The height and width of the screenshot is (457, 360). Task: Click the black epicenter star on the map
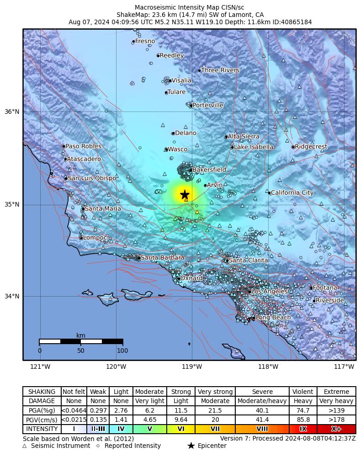(185, 194)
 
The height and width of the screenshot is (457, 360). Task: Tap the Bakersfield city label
(209, 170)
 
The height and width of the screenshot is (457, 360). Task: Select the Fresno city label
(145, 41)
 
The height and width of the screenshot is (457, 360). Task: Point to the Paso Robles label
(83, 146)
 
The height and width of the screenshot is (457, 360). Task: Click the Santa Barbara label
(162, 258)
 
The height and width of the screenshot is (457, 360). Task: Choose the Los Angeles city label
(270, 291)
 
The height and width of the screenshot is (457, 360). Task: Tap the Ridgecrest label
(311, 147)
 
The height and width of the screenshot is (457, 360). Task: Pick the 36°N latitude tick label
(12, 112)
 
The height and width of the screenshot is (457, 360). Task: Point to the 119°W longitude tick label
(192, 367)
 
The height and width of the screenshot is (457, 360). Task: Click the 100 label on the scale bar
(122, 351)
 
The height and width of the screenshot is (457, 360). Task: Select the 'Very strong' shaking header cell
(215, 392)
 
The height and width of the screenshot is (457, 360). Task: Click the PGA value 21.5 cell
(215, 411)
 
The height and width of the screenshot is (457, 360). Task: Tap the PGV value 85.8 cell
(303, 420)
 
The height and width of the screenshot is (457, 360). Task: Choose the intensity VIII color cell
(262, 429)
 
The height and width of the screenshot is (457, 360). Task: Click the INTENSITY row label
(42, 429)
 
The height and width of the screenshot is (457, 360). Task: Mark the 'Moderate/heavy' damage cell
(262, 401)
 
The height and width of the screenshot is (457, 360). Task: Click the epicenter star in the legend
(191, 446)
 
